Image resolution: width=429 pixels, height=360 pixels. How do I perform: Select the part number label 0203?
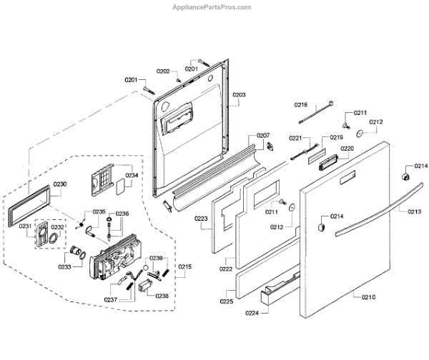(240, 94)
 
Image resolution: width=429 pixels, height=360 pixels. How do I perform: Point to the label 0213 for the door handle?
(415, 211)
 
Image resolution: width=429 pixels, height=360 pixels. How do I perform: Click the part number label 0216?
(301, 105)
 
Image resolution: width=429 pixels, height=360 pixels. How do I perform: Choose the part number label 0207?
(263, 135)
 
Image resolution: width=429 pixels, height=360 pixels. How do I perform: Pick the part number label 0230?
(60, 184)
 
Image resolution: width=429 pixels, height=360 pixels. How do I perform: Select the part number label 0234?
(132, 175)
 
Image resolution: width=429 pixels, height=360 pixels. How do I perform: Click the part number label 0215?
(185, 266)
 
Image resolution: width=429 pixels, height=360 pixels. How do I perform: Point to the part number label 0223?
(201, 219)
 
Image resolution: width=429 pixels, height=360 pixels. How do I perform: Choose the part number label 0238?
(162, 295)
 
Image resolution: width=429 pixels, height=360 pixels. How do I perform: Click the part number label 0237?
(110, 299)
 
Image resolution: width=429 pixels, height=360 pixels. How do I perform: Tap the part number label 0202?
(163, 71)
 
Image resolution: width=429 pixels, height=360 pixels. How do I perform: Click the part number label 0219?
(337, 137)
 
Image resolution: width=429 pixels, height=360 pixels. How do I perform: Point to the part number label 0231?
(25, 226)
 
